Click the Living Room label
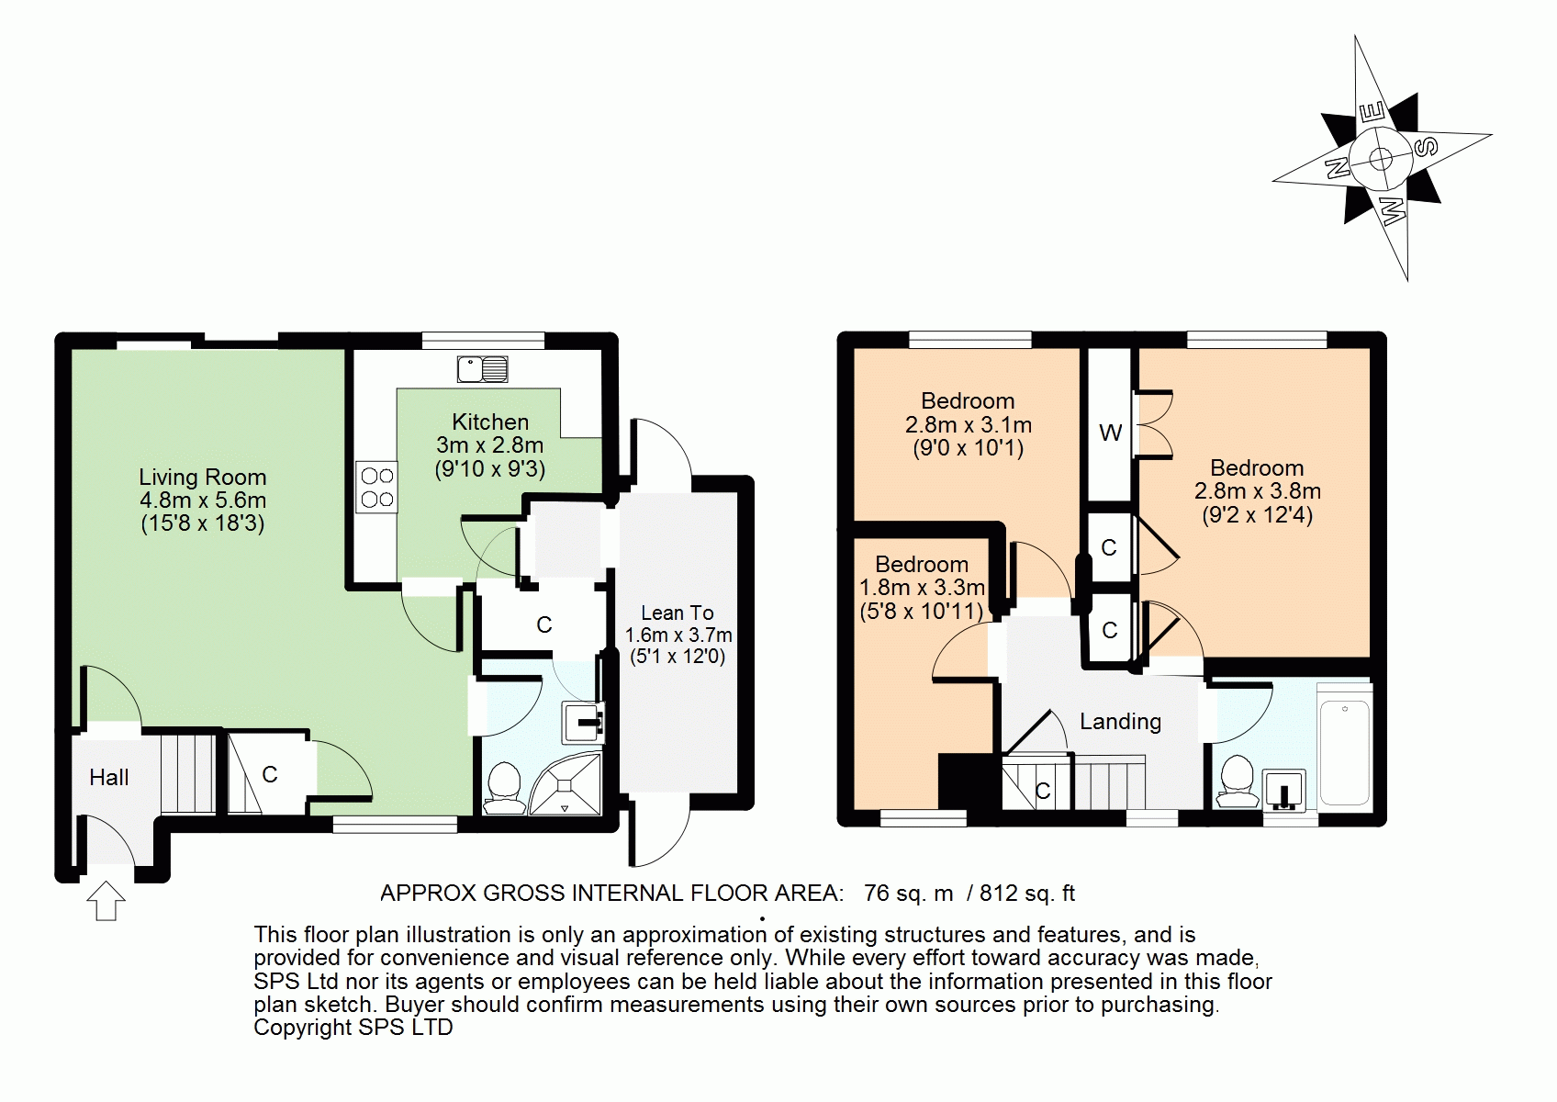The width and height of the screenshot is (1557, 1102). pos(202,477)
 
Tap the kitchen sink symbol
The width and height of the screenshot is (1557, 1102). pos(482,369)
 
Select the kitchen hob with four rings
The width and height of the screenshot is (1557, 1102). pos(377,487)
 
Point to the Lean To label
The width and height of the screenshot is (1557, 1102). pos(677,613)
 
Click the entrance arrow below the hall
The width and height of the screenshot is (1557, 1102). pos(106,901)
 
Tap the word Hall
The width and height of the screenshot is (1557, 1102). pos(109,777)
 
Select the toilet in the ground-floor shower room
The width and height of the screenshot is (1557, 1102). pos(504,789)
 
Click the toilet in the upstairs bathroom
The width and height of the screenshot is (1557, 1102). pos(1236,782)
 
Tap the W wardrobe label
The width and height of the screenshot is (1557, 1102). pos(1110,433)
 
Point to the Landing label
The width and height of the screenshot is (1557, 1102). pos(1121,722)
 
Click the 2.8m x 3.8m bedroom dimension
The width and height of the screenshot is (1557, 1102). pos(1258,491)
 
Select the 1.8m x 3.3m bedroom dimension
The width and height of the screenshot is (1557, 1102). pos(922,588)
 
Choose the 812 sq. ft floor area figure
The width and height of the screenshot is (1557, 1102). pos(1027,893)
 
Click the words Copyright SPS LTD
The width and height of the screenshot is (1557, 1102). pos(353,1027)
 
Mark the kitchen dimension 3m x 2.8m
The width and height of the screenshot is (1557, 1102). pos(490,445)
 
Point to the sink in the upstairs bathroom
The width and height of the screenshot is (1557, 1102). pos(1283,791)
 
